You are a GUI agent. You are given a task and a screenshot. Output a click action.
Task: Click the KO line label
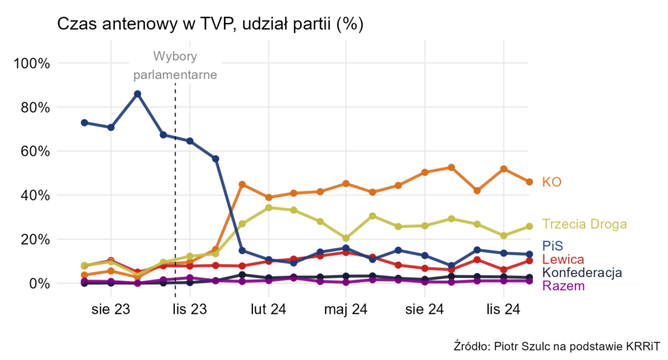(552, 182)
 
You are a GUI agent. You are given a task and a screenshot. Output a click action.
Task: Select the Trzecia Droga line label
(584, 224)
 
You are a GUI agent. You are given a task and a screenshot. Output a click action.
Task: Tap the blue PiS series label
(552, 247)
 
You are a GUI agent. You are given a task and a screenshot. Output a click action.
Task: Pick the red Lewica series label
(563, 260)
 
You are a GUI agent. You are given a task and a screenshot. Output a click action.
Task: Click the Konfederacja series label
(582, 273)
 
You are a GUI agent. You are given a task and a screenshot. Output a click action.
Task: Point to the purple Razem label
(563, 286)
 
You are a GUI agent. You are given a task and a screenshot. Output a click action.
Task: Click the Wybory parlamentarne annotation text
(175, 65)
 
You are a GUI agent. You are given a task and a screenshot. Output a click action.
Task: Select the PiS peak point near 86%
(138, 94)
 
